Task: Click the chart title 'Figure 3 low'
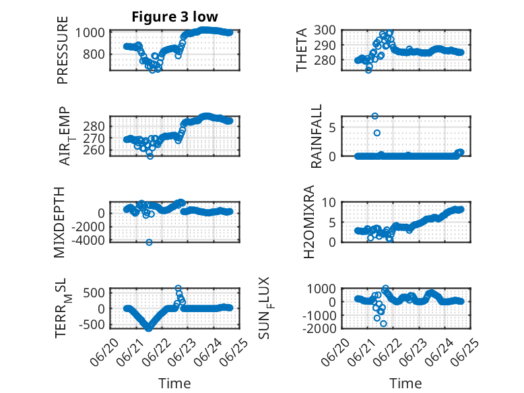pos(174,17)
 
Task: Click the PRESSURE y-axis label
pos(63,50)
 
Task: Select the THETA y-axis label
pos(302,50)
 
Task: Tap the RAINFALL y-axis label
pos(316,135)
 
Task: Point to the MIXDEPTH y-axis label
pos(59,222)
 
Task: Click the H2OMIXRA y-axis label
pos(309,222)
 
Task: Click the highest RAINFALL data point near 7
pos(375,116)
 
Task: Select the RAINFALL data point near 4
pos(377,133)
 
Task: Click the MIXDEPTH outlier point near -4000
pos(149,242)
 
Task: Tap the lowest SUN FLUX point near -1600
pos(383,324)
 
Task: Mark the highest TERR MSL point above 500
pos(178,288)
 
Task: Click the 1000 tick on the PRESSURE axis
pos(90,33)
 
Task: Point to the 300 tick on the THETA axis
pos(325,30)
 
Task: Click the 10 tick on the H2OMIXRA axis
pos(329,202)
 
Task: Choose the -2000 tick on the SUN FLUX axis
pos(319,328)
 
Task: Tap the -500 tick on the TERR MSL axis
pos(92,324)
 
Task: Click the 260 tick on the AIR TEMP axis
pos(94,150)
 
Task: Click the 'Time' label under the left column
pos(174,384)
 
